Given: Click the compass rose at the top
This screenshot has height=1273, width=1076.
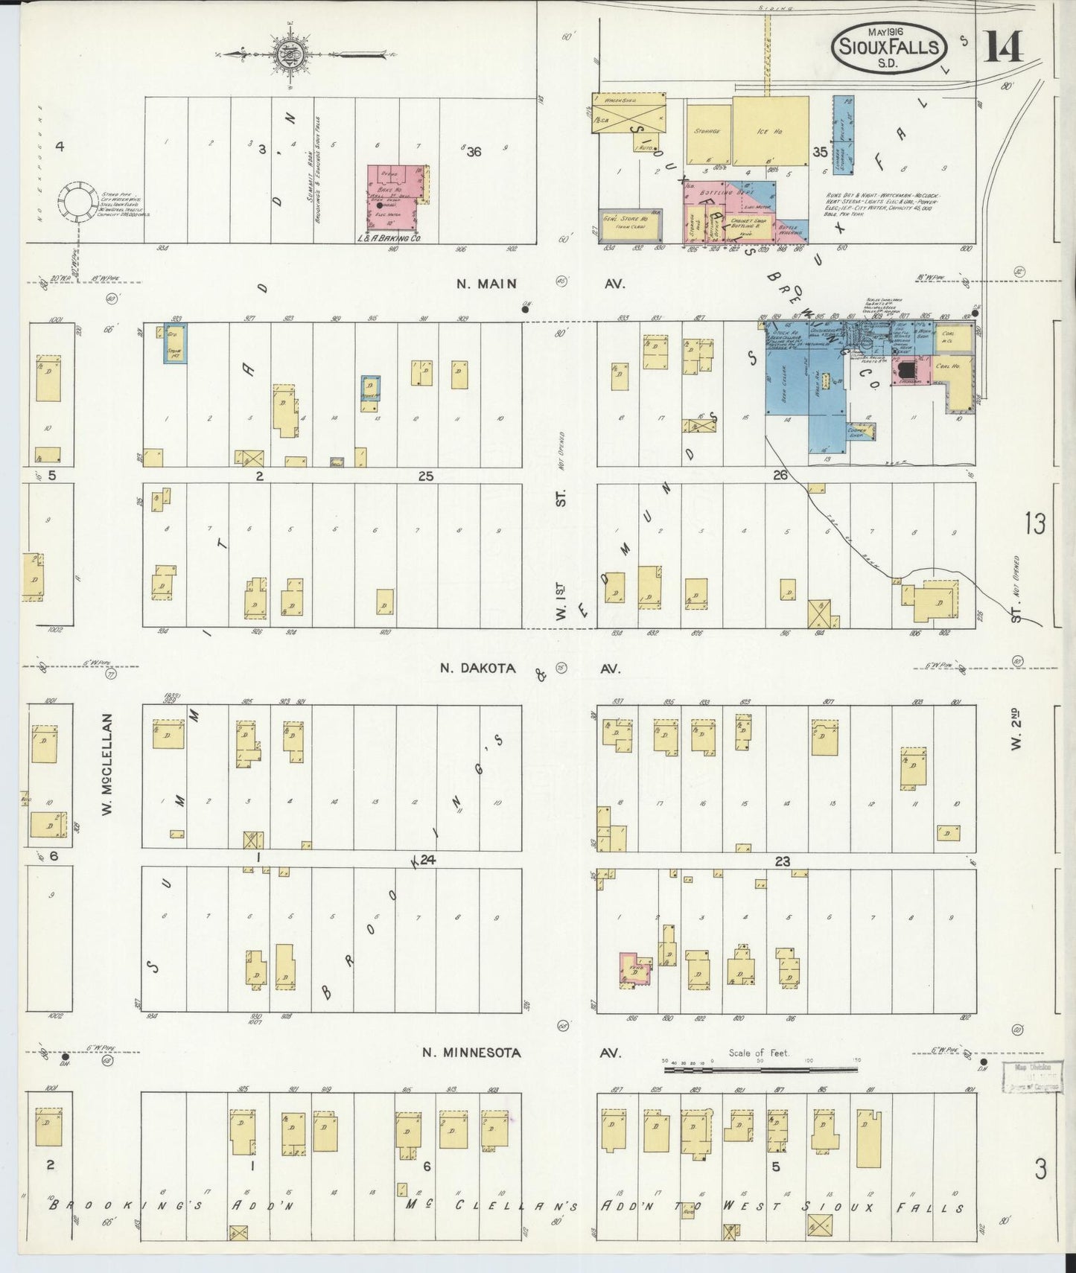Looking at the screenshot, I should [287, 54].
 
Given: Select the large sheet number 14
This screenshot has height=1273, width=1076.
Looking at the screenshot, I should [1003, 48].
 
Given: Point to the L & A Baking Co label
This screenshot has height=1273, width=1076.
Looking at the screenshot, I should [390, 238].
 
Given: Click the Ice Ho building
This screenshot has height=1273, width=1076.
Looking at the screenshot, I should [770, 131].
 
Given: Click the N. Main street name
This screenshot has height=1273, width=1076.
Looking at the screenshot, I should [486, 284].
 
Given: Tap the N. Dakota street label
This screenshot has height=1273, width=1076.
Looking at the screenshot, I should [477, 669].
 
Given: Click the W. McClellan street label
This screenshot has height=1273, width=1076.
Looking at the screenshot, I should [107, 764].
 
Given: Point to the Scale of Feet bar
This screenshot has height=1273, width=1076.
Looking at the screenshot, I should [760, 1070].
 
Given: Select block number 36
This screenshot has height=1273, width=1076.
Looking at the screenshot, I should [474, 152].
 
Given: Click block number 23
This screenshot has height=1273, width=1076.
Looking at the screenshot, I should [782, 861].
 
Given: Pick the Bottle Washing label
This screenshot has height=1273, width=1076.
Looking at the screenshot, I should [790, 232].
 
